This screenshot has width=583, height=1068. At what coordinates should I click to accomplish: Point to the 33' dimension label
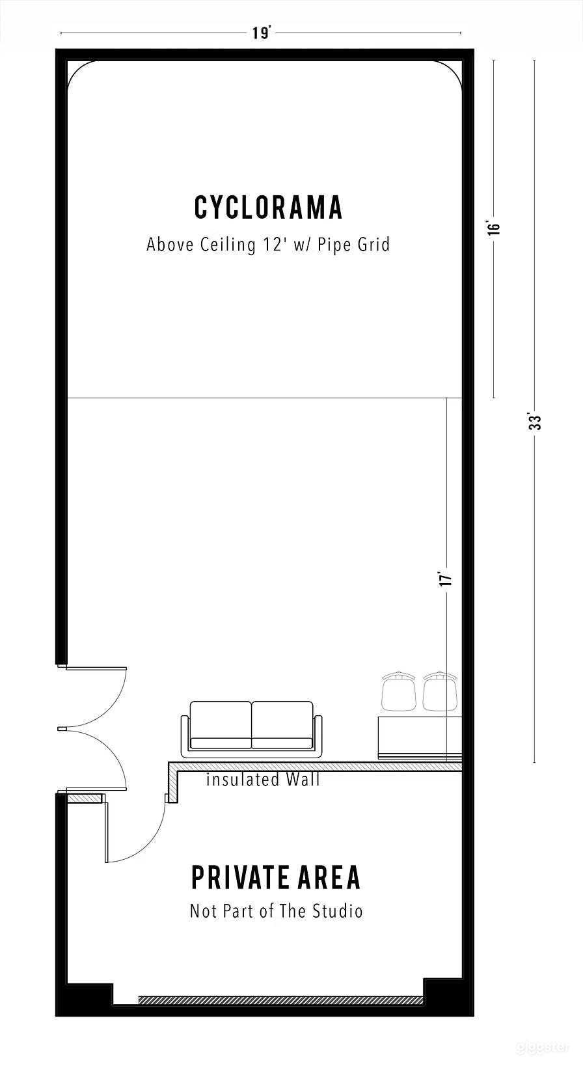click(x=535, y=422)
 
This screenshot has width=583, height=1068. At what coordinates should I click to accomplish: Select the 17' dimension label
click(x=446, y=579)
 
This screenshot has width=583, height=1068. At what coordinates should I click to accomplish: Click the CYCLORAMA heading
click(x=268, y=207)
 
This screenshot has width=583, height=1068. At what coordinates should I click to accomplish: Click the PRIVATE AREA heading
click(x=275, y=877)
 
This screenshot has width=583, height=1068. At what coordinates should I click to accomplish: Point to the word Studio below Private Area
click(x=338, y=911)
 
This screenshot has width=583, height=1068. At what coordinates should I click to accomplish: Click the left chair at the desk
click(x=398, y=691)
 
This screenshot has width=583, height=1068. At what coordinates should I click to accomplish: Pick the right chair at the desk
click(x=439, y=691)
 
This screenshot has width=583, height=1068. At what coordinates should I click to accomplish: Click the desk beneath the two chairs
click(x=420, y=737)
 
